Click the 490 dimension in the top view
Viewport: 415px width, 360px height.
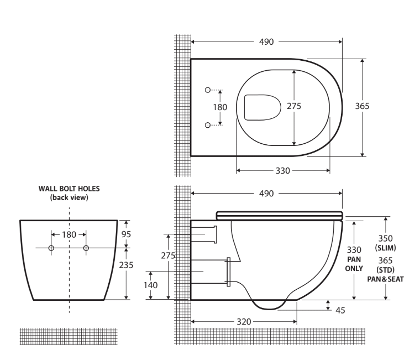tap(266, 42)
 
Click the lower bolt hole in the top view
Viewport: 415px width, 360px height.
tap(208, 126)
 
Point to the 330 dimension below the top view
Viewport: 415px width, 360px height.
tap(282, 171)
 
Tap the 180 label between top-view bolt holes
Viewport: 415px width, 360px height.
tap(220, 107)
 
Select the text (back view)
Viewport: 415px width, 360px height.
tap(69, 197)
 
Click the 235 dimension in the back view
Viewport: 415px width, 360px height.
tap(127, 265)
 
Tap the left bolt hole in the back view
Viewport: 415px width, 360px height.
tap(51, 248)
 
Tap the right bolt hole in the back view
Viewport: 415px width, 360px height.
tap(86, 248)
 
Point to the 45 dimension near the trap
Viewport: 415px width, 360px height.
tap(340, 310)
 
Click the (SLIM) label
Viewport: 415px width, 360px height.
tap(386, 247)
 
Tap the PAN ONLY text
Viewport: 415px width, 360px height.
tap(354, 264)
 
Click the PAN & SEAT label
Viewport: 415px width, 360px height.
tap(386, 279)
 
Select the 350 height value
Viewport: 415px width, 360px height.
tap(386, 238)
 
